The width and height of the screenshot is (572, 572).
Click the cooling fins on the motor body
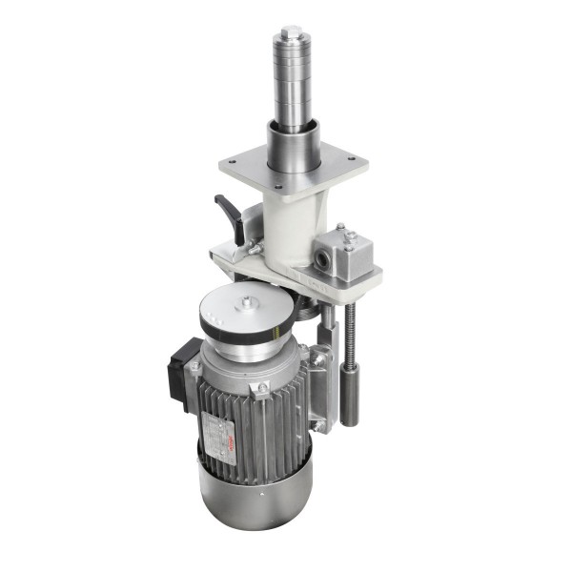coord(276,419)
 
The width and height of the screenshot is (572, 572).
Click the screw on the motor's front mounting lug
coord(261,388)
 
